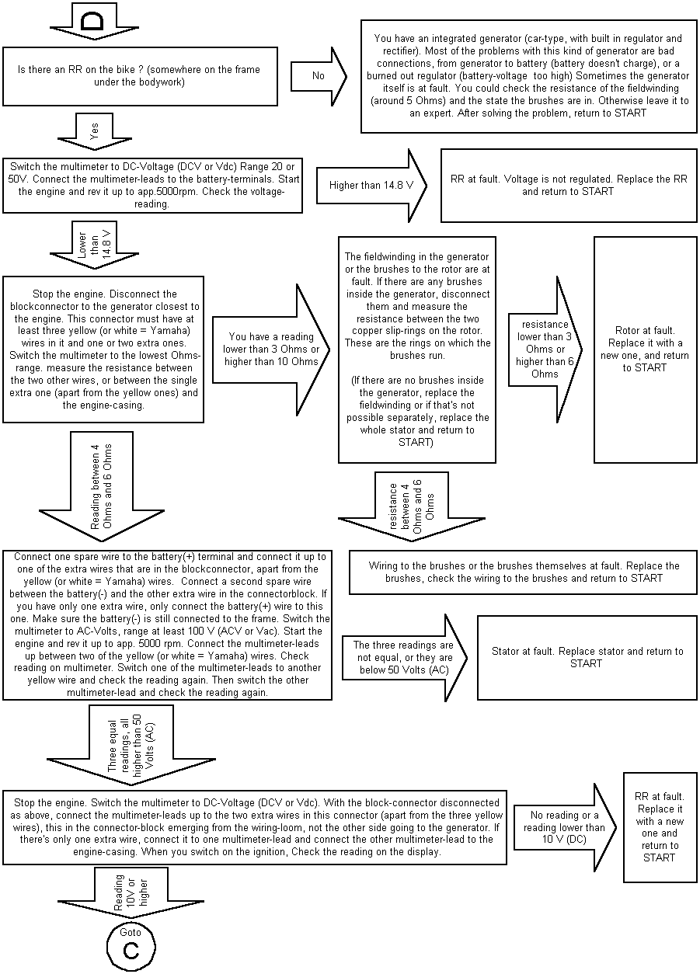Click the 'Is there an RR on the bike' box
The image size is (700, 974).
tap(140, 76)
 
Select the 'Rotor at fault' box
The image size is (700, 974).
tap(644, 350)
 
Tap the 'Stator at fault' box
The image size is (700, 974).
tap(587, 657)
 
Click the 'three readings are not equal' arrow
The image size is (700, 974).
tap(403, 657)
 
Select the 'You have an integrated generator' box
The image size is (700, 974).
tap(528, 75)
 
